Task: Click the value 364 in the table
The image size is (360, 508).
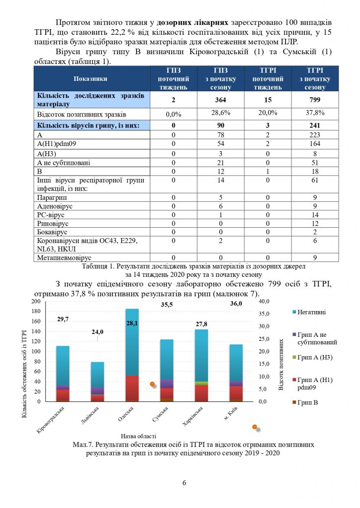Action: (222, 100)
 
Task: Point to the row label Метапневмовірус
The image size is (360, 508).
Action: (65, 257)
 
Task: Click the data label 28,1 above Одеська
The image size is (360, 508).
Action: (132, 323)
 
